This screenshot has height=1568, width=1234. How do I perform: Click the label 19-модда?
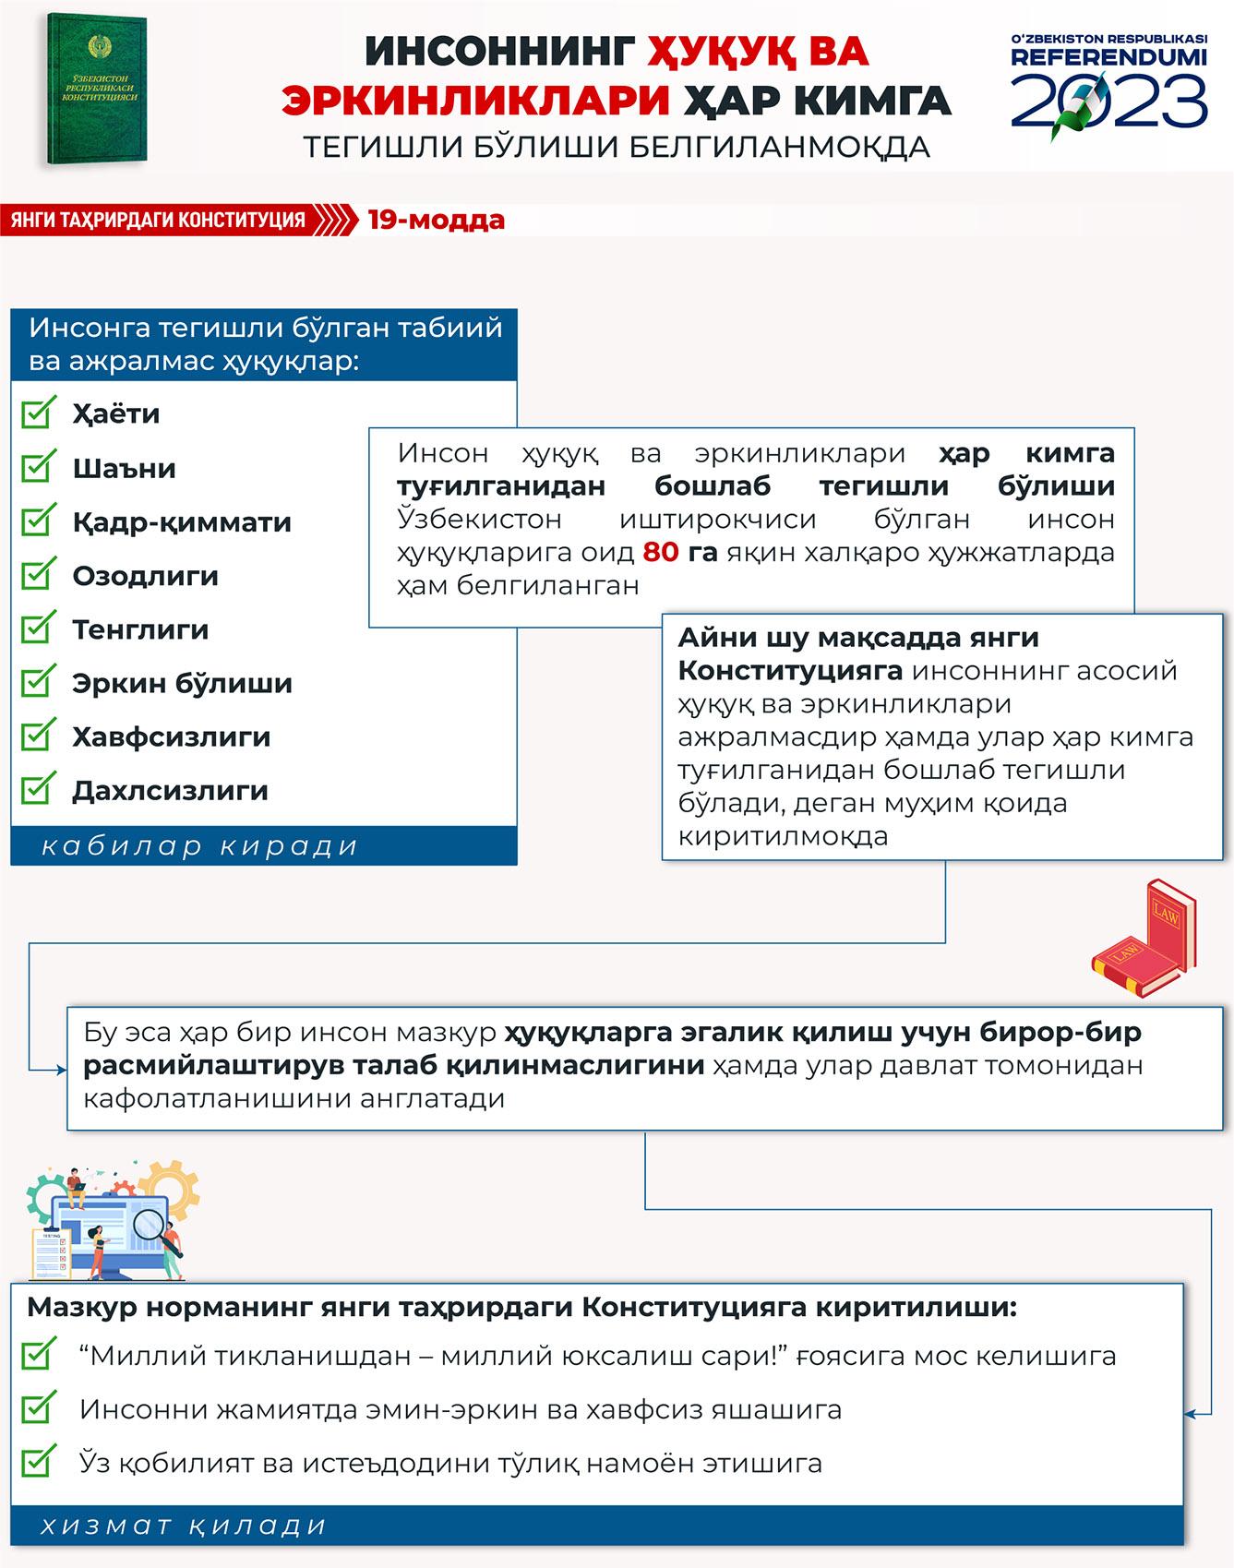point(436,220)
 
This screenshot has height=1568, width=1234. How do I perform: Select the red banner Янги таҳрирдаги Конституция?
point(159,221)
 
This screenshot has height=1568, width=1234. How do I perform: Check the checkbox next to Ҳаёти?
point(37,413)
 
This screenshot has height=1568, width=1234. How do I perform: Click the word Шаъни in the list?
point(124,468)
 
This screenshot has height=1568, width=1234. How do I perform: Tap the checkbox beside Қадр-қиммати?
point(37,521)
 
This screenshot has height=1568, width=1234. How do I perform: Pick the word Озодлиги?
point(145,576)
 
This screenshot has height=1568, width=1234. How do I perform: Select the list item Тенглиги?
point(140,629)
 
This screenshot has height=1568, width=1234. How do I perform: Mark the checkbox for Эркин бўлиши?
point(37,683)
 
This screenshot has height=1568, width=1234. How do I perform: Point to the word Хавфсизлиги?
point(171,736)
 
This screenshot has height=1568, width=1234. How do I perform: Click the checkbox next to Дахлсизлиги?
point(37,790)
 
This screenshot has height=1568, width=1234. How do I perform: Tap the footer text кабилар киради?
point(199,846)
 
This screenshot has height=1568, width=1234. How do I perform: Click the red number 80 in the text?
point(660,552)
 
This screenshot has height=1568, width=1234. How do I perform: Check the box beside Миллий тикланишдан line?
point(37,1356)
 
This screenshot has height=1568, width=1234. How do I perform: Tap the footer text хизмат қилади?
point(184,1526)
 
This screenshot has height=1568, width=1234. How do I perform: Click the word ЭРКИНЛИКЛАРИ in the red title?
point(475,101)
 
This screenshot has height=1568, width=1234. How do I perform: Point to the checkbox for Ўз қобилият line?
point(37,1463)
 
